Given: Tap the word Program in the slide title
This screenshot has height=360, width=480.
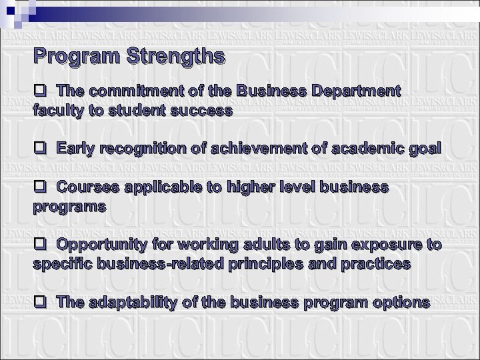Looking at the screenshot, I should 73,56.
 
